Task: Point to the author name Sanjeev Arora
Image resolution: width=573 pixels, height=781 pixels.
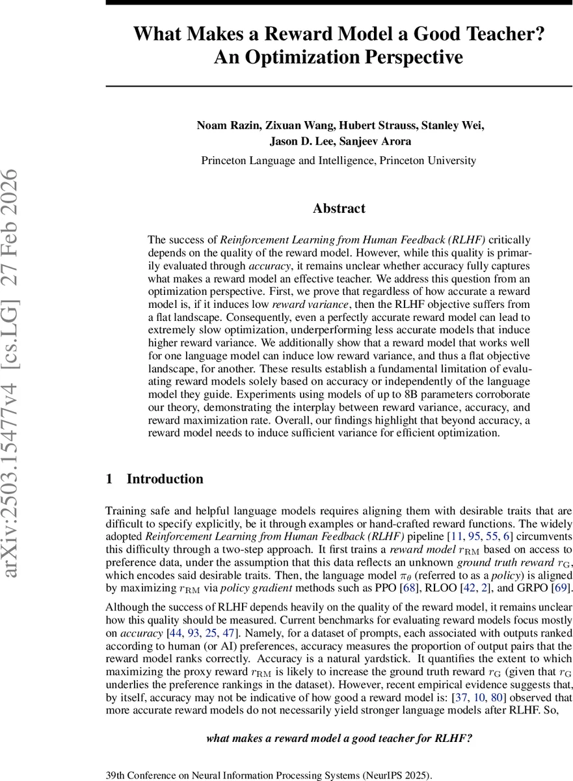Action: coord(377,142)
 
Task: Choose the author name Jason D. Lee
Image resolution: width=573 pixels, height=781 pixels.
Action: coord(300,142)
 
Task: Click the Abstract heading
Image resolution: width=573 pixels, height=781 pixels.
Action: coord(339,208)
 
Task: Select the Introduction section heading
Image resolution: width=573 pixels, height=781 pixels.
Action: coord(165,479)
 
